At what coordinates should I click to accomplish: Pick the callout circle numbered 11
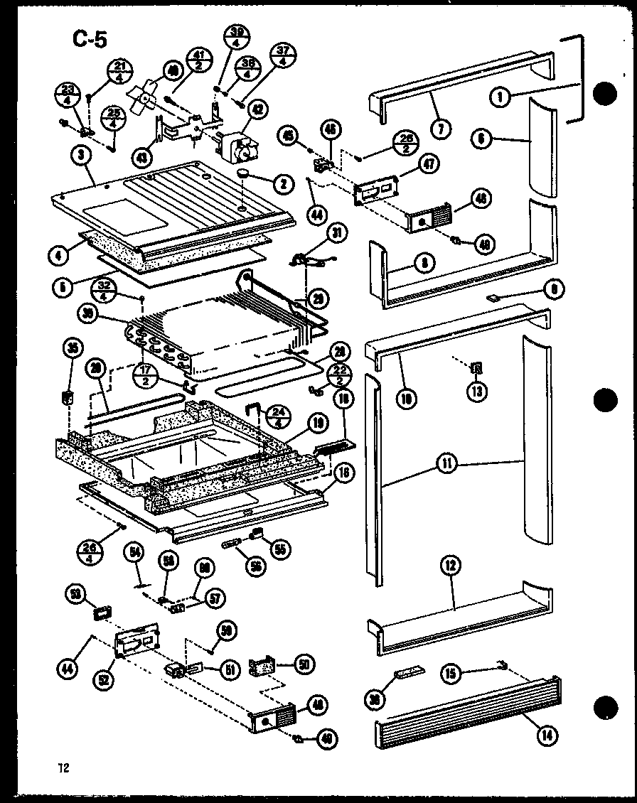pyautogui.click(x=448, y=465)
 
